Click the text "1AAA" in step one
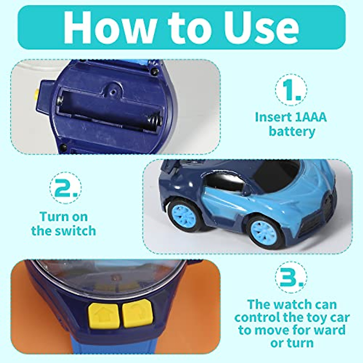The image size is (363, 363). tap(308, 117)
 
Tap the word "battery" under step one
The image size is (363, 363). tap(292, 132)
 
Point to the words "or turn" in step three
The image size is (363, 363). tap(292, 343)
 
